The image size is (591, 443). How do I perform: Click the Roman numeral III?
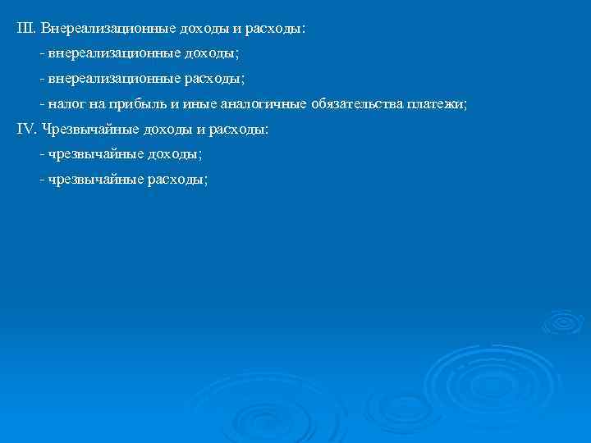[25, 28]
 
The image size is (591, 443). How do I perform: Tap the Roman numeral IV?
[25, 130]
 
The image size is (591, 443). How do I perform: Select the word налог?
[66, 104]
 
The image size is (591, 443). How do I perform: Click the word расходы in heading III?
[274, 28]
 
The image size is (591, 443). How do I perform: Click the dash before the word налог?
[41, 104]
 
